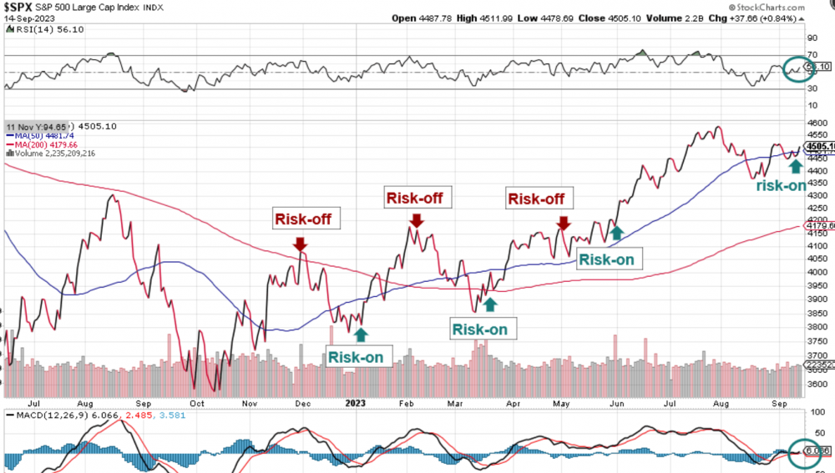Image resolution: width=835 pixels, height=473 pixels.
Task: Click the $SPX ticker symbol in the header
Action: click(21, 8)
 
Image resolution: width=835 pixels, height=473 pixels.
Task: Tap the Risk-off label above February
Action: click(413, 198)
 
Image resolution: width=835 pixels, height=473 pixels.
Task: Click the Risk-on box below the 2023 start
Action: click(356, 357)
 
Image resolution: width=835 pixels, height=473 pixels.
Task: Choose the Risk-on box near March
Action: click(479, 329)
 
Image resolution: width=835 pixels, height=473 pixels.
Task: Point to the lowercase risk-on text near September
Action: click(781, 185)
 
